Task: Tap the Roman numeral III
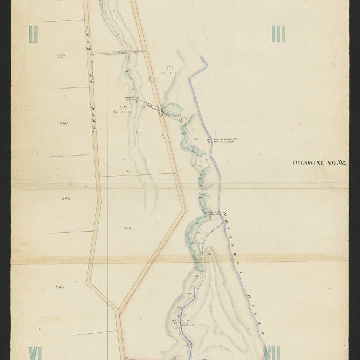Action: [278, 34]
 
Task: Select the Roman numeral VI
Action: [35, 352]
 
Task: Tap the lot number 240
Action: [64, 123]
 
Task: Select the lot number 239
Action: [61, 56]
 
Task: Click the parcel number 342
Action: [123, 107]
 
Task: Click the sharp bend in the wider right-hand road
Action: [185, 209]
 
